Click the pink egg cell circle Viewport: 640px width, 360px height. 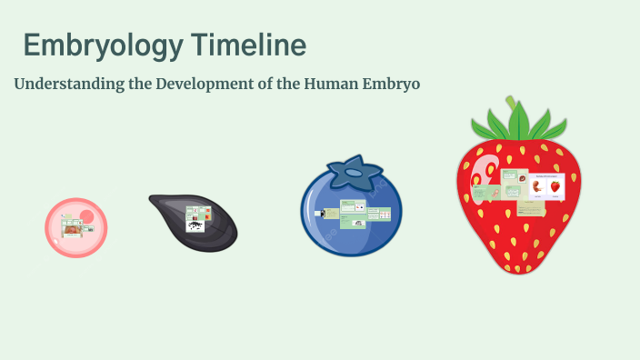coord(76,227)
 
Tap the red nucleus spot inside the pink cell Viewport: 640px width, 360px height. coord(86,216)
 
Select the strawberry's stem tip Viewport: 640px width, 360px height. coord(512,100)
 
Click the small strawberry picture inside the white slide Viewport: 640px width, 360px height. coord(555,186)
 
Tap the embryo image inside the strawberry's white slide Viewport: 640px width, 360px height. coord(535,186)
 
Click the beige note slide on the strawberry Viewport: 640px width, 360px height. coord(531,207)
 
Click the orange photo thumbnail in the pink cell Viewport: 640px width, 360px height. coord(71,231)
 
